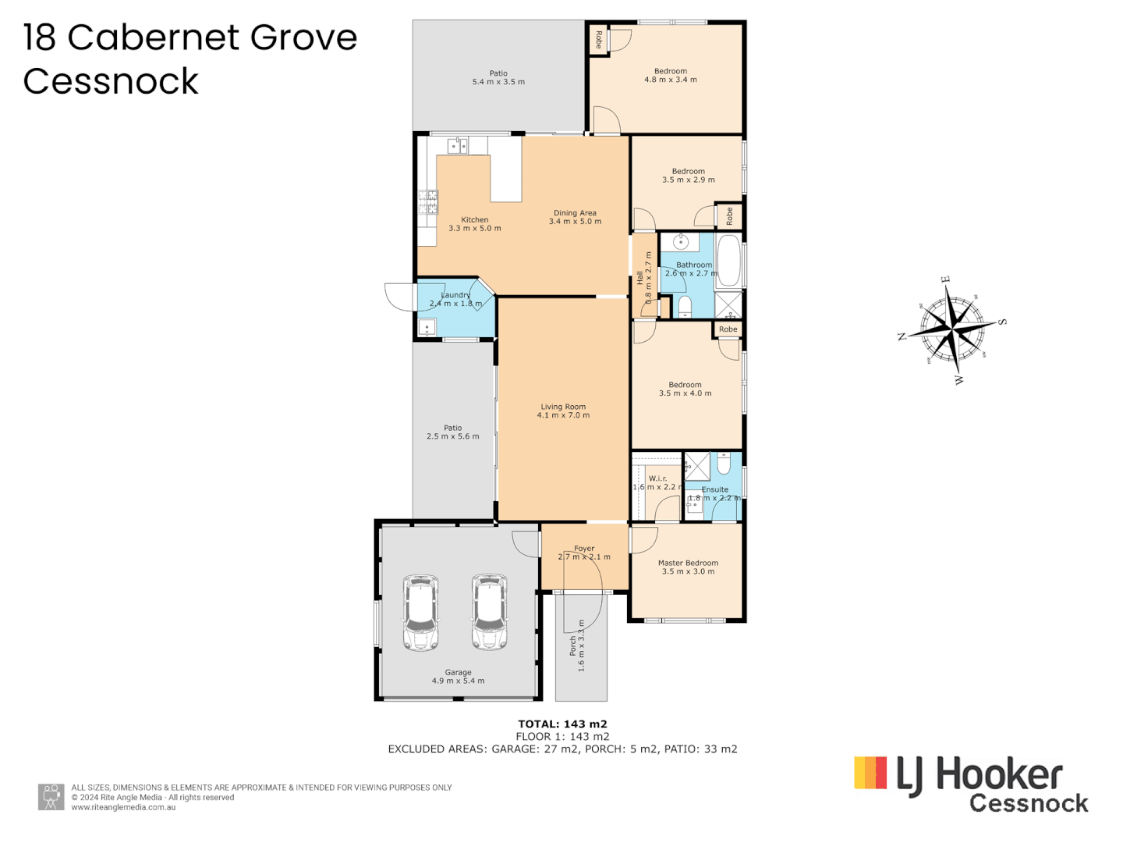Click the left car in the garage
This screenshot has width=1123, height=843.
tap(421, 614)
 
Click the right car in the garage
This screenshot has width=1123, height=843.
tap(489, 614)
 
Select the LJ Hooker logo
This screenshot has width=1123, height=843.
tap(970, 784)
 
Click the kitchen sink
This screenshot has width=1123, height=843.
tap(458, 146)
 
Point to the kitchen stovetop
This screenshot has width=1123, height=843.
tap(427, 202)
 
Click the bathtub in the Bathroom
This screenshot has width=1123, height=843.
tap(728, 260)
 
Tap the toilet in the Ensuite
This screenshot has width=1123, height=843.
tap(724, 465)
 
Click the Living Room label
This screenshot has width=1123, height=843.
tap(563, 407)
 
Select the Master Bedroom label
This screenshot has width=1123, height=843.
tap(688, 563)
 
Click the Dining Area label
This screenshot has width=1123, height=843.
tap(575, 213)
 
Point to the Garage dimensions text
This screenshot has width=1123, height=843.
tap(458, 681)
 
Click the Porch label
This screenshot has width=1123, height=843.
tap(573, 646)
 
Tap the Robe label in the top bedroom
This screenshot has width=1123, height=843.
tap(598, 39)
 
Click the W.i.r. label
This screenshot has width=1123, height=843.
tap(657, 478)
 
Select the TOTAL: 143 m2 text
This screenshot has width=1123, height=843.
tap(562, 724)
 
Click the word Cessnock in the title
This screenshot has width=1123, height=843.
tap(111, 81)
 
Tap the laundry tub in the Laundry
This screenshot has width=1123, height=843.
tap(427, 327)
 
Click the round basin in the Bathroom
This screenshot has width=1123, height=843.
tap(681, 242)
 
